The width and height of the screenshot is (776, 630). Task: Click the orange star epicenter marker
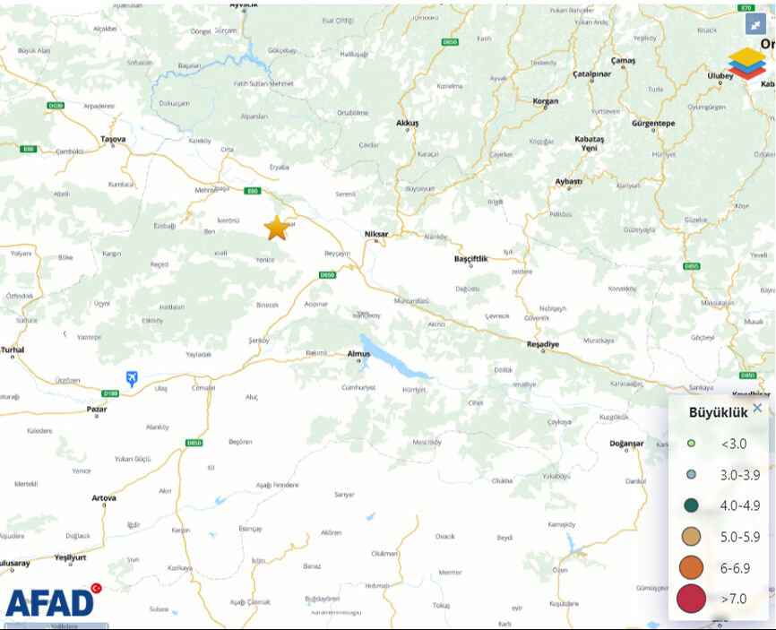(277, 229)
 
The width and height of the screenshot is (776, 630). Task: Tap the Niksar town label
(376, 234)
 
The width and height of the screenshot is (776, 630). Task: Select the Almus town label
(358, 354)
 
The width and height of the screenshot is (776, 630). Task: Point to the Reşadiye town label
(542, 344)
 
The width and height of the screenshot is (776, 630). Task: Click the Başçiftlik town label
(471, 258)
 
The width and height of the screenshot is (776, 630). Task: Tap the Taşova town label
(114, 139)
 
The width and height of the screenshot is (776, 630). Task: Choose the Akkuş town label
(408, 122)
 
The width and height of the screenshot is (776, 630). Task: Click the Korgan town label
(546, 101)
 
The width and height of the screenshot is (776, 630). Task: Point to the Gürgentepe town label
(652, 122)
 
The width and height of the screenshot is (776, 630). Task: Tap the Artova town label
(104, 497)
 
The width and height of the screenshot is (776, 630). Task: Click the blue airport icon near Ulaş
(133, 379)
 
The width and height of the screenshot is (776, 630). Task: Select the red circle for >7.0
(691, 598)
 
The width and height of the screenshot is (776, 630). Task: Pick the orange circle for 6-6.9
(691, 567)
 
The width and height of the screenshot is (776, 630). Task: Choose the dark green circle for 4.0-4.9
(691, 505)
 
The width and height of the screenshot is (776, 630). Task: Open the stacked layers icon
(746, 64)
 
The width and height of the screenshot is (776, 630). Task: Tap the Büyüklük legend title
(718, 413)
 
